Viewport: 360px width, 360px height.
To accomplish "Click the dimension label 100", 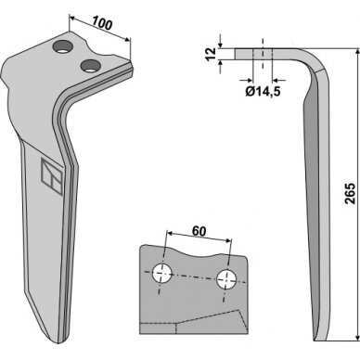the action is (x=102, y=23).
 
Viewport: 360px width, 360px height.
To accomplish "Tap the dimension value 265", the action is (x=351, y=194).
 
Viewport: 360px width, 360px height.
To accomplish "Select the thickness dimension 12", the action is (x=211, y=54).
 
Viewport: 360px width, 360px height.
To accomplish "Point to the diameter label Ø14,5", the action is (x=263, y=91).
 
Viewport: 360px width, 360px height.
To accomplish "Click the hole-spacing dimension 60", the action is (x=199, y=231).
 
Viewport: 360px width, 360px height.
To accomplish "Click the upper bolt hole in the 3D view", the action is (x=63, y=46).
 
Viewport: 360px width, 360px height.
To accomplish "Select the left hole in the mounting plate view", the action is (x=162, y=273).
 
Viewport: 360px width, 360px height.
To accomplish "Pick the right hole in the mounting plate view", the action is (x=227, y=279).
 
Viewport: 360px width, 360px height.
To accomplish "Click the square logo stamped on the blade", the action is (x=52, y=176).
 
